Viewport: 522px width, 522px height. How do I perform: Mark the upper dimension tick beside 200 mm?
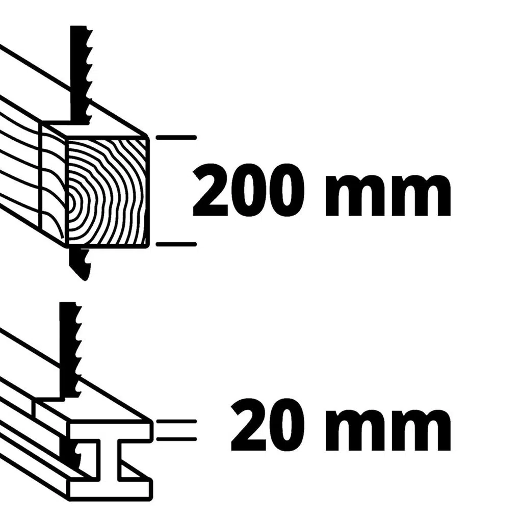pyautogui.click(x=176, y=138)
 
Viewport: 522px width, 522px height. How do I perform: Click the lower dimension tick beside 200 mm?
pyautogui.click(x=176, y=245)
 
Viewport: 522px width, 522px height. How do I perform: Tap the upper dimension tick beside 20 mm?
pyautogui.click(x=176, y=422)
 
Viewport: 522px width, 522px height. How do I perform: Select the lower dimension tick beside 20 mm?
pyautogui.click(x=176, y=438)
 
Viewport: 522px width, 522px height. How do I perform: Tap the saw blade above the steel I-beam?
pyautogui.click(x=70, y=347)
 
